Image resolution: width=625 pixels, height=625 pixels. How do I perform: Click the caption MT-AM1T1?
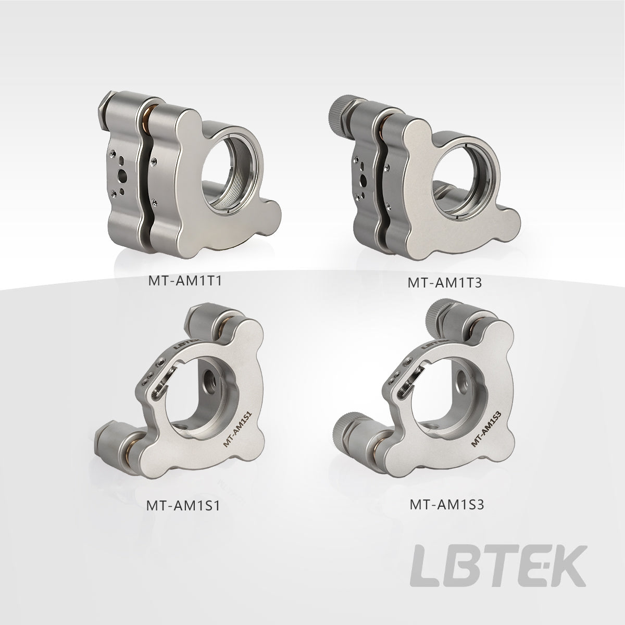[185, 281]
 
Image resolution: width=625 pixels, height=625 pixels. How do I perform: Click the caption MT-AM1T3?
[445, 282]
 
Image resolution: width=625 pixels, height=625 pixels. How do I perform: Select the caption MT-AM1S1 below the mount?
[183, 506]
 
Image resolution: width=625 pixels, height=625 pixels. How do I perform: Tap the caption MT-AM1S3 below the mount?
[446, 505]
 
